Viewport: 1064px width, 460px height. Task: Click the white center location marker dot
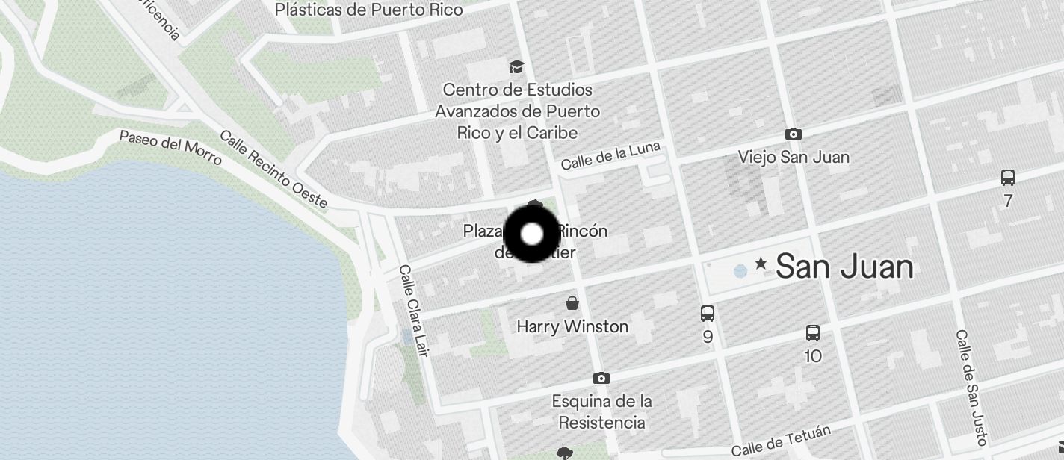[x=531, y=234]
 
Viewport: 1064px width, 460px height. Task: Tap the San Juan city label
[x=844, y=267]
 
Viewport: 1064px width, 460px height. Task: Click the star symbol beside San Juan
[x=761, y=263]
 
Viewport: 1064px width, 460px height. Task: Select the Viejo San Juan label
[x=794, y=157]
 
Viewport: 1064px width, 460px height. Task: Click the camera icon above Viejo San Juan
[x=794, y=134]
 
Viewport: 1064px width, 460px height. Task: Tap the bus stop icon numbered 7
[x=1008, y=178]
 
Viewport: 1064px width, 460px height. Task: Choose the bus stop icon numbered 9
[x=708, y=314]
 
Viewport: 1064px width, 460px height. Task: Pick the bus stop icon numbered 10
[x=813, y=334]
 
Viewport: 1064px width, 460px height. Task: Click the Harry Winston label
[x=572, y=326]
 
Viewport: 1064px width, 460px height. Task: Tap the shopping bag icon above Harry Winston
[x=572, y=303]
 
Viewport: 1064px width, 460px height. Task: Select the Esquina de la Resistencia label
[x=601, y=411]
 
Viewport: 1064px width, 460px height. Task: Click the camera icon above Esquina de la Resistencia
[x=601, y=379]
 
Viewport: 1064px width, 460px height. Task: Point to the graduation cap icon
[x=516, y=67]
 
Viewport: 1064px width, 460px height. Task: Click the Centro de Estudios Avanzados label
[x=518, y=111]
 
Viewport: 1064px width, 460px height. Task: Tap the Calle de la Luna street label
[x=610, y=155]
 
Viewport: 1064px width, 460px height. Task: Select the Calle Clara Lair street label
[x=413, y=310]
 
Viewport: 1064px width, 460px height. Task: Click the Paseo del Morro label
[x=170, y=148]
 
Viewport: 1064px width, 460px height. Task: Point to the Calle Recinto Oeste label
[x=273, y=170]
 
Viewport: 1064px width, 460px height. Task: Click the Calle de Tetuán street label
[x=781, y=441]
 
